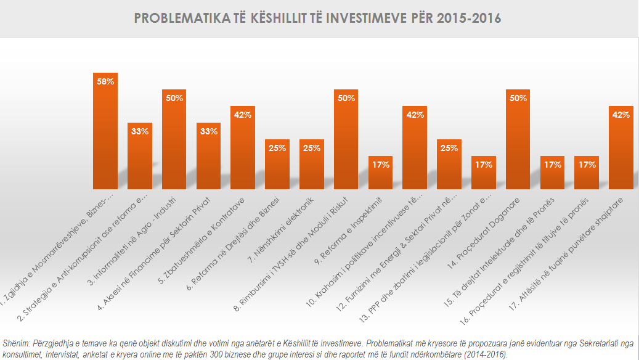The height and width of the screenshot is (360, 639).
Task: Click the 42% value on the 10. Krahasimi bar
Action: pos(414,115)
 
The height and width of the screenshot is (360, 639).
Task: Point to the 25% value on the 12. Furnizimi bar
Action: pos(449,148)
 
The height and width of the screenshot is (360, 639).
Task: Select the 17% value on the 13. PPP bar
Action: pos(482,165)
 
